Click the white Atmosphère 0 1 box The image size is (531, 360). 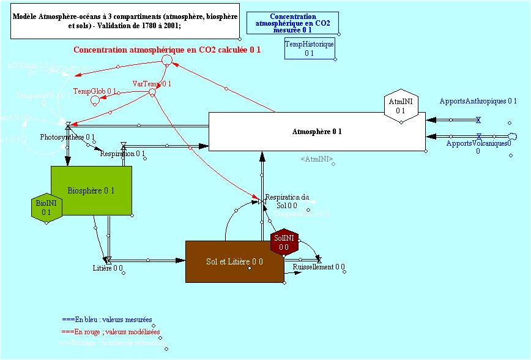pos(317,131)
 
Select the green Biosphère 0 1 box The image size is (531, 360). pos(91,190)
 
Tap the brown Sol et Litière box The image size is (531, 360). pos(234,261)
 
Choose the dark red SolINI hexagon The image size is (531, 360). pos(284,242)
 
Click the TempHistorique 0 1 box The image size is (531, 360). pos(310,49)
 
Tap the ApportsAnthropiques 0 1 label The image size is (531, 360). pos(478,101)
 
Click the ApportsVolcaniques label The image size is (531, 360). pos(478,146)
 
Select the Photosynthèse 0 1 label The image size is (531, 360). pos(67,137)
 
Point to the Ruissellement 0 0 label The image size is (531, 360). pos(319,267)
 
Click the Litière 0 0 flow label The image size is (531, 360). pos(108,268)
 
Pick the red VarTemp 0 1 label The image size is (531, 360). pos(152,83)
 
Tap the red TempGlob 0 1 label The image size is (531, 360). pos(95,91)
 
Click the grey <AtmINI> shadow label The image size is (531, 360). pos(317,159)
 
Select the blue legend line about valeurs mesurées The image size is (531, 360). pos(106,320)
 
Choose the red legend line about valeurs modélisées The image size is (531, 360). pos(110,332)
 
